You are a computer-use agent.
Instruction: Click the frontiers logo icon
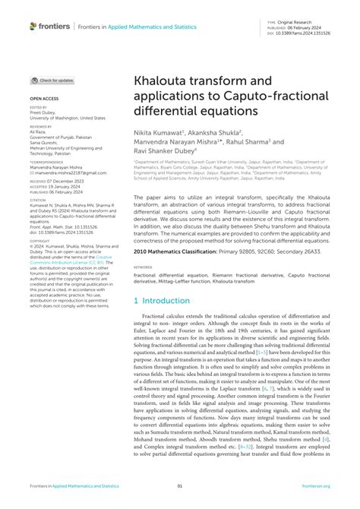point(34,26)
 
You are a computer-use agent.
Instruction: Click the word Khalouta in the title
point(163,81)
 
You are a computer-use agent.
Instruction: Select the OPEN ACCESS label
point(45,100)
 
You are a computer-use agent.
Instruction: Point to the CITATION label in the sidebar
point(39,201)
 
